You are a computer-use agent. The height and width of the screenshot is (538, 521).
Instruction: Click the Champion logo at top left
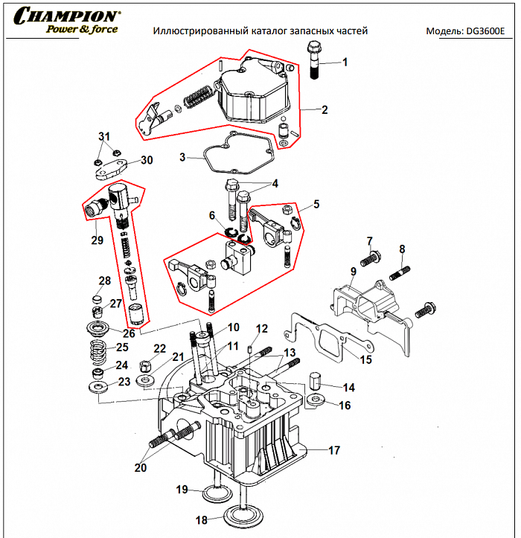tap(67, 22)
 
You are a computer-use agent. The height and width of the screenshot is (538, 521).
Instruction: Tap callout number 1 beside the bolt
tap(344, 63)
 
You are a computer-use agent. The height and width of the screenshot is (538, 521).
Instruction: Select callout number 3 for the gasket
tap(182, 158)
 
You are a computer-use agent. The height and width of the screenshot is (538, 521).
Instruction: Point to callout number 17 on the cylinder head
tap(334, 450)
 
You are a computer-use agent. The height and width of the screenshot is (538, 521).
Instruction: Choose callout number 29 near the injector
tap(98, 240)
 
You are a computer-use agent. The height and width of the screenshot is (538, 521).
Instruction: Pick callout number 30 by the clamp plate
tap(146, 160)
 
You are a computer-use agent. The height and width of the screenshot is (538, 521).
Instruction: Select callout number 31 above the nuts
tap(104, 136)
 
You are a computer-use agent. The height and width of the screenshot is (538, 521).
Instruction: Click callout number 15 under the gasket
tap(365, 360)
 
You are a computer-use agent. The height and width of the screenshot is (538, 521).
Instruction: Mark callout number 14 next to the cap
tap(348, 388)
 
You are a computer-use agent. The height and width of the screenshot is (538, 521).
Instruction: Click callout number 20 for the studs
tap(141, 468)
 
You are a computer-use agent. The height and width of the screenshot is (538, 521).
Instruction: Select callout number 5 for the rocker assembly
tap(316, 202)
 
